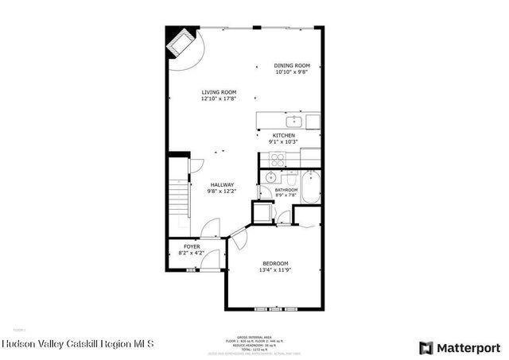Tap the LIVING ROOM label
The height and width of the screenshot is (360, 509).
click(x=218, y=92)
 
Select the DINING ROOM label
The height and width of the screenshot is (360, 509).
click(x=292, y=66)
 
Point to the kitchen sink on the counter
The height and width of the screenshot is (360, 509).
click(x=293, y=122)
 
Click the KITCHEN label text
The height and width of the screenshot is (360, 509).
click(x=284, y=136)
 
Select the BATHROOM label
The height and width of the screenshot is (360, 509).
click(x=286, y=190)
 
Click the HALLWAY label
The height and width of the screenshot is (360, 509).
click(x=222, y=184)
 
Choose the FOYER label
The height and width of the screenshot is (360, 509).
click(x=192, y=247)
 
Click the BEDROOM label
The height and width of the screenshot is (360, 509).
click(x=275, y=263)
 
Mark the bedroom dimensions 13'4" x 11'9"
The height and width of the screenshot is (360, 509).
click(x=275, y=270)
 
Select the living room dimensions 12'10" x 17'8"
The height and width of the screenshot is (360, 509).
click(x=218, y=99)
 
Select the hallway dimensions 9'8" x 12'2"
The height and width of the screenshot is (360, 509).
click(x=222, y=192)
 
